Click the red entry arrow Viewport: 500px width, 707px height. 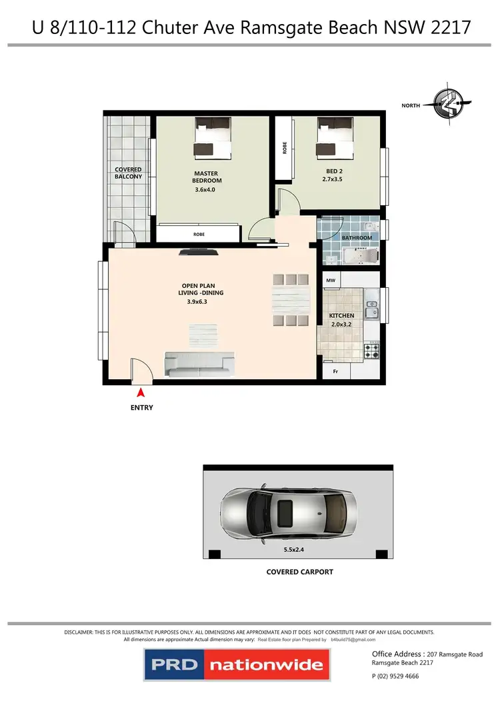pyautogui.click(x=141, y=396)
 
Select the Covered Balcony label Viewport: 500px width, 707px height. pyautogui.click(x=128, y=173)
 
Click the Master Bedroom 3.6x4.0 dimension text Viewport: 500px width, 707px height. pyautogui.click(x=207, y=190)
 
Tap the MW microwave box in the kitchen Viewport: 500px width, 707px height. pyautogui.click(x=331, y=281)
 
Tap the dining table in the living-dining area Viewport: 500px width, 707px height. pyautogui.click(x=292, y=300)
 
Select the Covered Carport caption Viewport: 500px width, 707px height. pyautogui.click(x=299, y=572)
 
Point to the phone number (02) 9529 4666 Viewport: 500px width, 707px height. pyautogui.click(x=395, y=676)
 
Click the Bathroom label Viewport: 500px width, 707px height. pyautogui.click(x=357, y=238)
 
